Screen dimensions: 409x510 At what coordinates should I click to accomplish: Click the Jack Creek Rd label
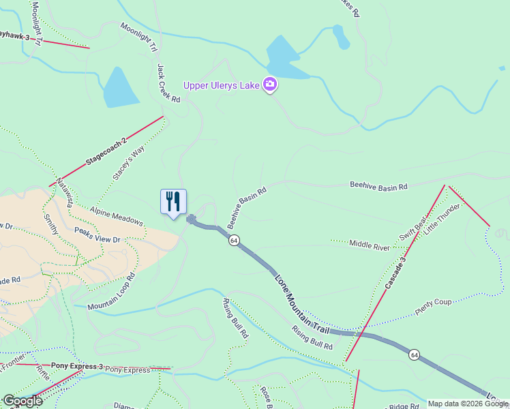(x=168, y=83)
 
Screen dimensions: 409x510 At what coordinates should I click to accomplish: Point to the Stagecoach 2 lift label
(x=106, y=153)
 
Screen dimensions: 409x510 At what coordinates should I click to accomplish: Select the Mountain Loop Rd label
(x=112, y=291)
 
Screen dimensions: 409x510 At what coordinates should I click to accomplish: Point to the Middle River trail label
(x=369, y=243)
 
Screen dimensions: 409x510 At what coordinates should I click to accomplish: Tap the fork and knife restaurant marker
(x=173, y=202)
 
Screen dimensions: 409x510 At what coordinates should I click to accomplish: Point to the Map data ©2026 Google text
(x=467, y=404)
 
